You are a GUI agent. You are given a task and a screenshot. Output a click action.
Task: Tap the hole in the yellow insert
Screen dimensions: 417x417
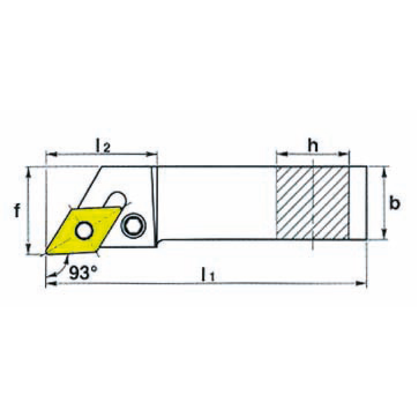(83, 230)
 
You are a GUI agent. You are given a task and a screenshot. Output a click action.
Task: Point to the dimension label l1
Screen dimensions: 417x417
(208, 274)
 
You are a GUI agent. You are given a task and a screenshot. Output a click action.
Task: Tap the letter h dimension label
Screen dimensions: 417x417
(313, 146)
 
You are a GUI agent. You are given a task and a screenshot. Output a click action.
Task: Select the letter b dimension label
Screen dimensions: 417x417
(395, 203)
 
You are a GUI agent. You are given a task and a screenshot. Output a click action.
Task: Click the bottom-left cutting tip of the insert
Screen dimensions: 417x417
(46, 255)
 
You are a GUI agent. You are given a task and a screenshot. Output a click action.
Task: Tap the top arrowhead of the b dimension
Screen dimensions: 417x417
(384, 172)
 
